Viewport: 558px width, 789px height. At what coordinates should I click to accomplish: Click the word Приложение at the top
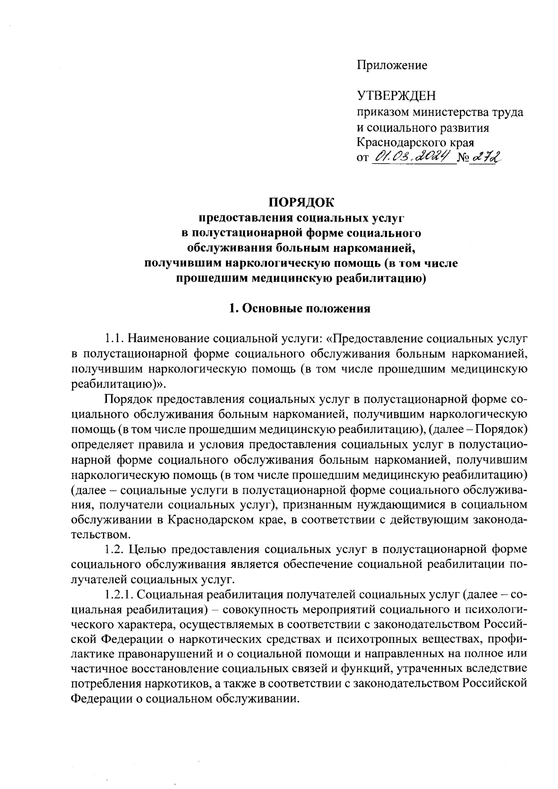pos(392,66)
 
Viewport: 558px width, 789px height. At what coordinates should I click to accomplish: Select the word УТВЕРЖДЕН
pos(396,96)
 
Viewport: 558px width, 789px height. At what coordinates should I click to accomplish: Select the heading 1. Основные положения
pos(300,309)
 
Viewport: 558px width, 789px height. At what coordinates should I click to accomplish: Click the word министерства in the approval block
pos(450,112)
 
